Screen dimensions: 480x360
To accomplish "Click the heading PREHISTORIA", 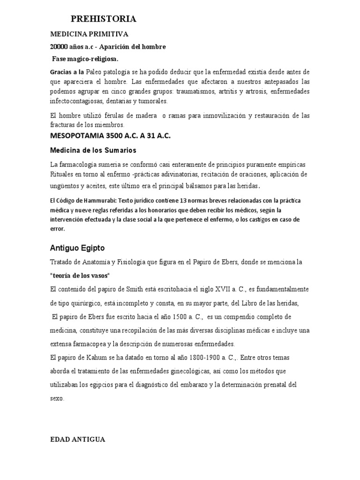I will click(104, 19).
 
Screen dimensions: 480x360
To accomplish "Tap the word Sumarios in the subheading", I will click(118, 150).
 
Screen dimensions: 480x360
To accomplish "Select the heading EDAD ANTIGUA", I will click(77, 439).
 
